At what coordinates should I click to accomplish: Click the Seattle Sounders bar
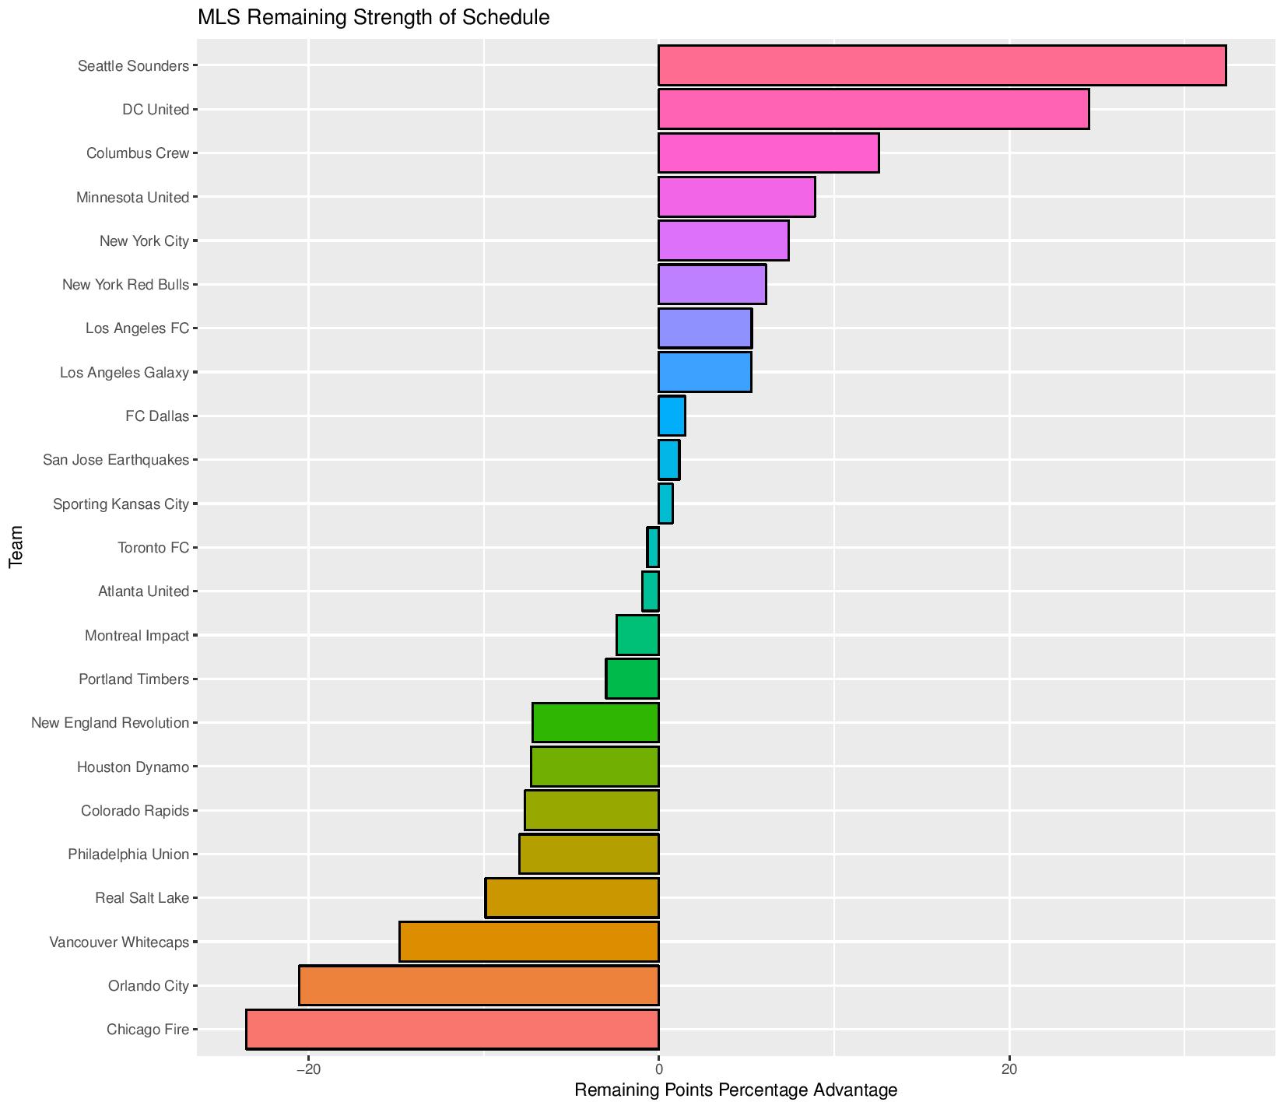[x=942, y=65]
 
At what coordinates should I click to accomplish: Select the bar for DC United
[x=873, y=109]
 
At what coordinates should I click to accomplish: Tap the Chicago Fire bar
[x=452, y=1030]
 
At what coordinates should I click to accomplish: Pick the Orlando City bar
[x=479, y=985]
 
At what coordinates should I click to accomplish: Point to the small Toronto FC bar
[x=653, y=547]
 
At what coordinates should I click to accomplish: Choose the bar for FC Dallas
[x=672, y=416]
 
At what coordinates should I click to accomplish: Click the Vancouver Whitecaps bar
[x=529, y=942]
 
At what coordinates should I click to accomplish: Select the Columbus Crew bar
[x=768, y=153]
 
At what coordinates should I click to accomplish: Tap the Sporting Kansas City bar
[x=665, y=504]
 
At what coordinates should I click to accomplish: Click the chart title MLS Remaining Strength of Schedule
[x=374, y=17]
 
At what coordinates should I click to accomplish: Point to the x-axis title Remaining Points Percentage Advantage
[x=735, y=1090]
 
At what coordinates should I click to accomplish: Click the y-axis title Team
[x=16, y=547]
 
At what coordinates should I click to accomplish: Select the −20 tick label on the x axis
[x=308, y=1069]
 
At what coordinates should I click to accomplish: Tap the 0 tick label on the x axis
[x=659, y=1069]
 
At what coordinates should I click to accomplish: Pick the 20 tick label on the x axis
[x=1009, y=1069]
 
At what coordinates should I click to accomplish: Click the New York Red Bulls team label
[x=125, y=285]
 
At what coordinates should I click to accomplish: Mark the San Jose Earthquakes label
[x=116, y=460]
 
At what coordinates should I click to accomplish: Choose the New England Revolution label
[x=110, y=723]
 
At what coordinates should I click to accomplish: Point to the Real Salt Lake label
[x=142, y=898]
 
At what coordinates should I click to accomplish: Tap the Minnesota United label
[x=132, y=198]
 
